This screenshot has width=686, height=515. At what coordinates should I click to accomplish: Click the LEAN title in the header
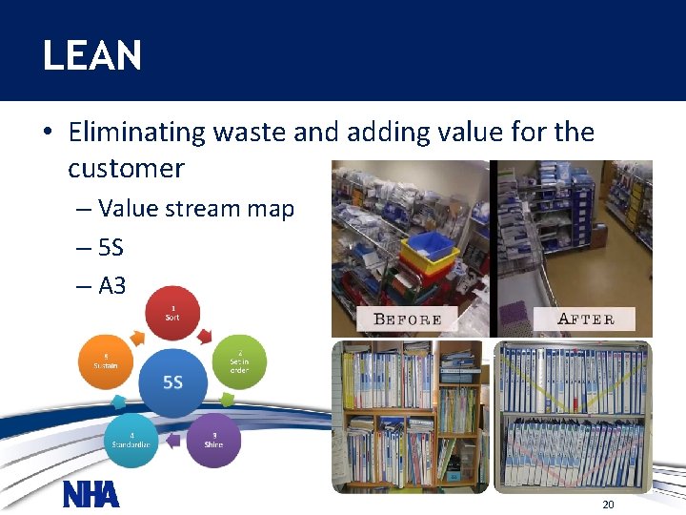tap(92, 55)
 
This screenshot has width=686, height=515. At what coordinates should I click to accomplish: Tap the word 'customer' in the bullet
tap(126, 169)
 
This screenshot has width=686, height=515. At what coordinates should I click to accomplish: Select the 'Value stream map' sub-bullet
tap(196, 209)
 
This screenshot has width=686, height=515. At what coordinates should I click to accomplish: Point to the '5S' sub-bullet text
tap(111, 248)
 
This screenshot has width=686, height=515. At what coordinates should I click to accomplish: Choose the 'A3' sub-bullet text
tap(112, 286)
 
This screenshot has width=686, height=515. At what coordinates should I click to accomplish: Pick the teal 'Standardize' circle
tap(132, 440)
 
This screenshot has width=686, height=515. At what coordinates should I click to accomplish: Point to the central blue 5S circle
tap(172, 382)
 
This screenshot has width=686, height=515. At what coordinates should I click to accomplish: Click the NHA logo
tap(91, 495)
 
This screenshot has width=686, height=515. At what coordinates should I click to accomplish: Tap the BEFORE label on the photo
tap(408, 319)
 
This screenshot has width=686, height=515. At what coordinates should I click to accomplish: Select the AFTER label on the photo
tap(585, 319)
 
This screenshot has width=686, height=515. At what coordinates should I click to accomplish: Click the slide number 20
tap(608, 504)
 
